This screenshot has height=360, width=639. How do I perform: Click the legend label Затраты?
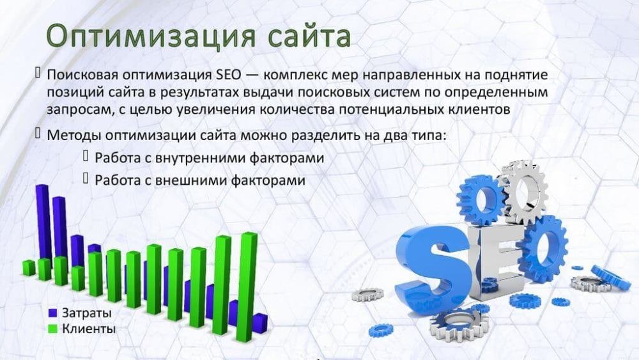click(x=86, y=313)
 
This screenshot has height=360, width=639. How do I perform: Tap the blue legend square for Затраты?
click(x=54, y=313)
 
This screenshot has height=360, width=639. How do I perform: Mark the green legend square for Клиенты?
click(x=54, y=329)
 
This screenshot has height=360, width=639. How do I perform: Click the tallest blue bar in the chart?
click(x=43, y=221)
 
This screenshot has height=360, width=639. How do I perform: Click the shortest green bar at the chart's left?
click(x=28, y=267)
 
